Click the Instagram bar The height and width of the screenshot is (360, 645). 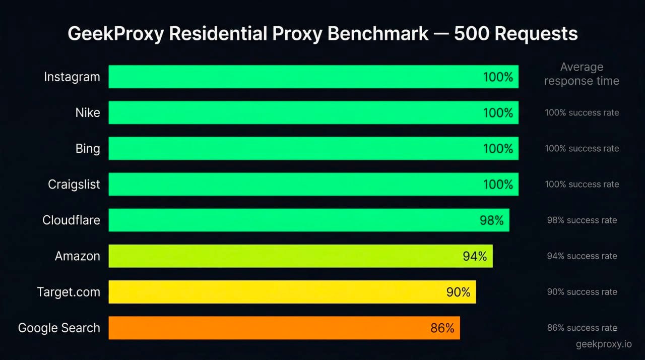[292, 77]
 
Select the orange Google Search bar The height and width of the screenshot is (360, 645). [262, 328]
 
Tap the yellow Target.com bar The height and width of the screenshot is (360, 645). [272, 292]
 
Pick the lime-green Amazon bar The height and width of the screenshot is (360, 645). [282, 256]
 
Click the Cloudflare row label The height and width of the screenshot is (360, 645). [71, 220]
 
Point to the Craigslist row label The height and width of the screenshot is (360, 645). [74, 185]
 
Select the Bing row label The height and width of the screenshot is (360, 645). [88, 149]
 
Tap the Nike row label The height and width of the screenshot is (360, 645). [88, 112]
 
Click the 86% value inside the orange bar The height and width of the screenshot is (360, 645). [442, 328]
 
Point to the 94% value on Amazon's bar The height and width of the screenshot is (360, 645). [475, 256]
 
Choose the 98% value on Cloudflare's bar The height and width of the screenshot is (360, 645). [491, 220]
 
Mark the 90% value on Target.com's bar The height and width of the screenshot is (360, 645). [458, 292]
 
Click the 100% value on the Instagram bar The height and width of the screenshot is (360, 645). [498, 77]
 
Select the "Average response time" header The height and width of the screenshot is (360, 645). [582, 74]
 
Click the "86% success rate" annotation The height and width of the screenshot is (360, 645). [582, 328]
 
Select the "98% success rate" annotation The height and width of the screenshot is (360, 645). [582, 220]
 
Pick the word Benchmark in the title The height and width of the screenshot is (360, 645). [378, 34]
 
